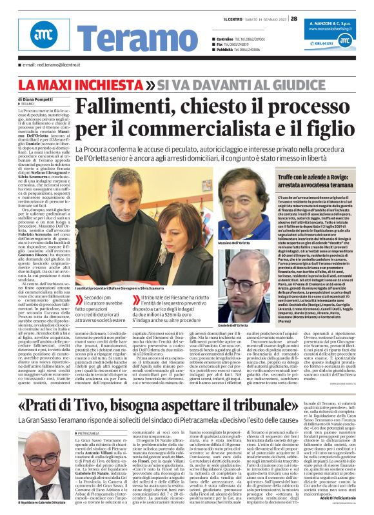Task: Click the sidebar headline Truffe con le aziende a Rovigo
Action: [x=319, y=179]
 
